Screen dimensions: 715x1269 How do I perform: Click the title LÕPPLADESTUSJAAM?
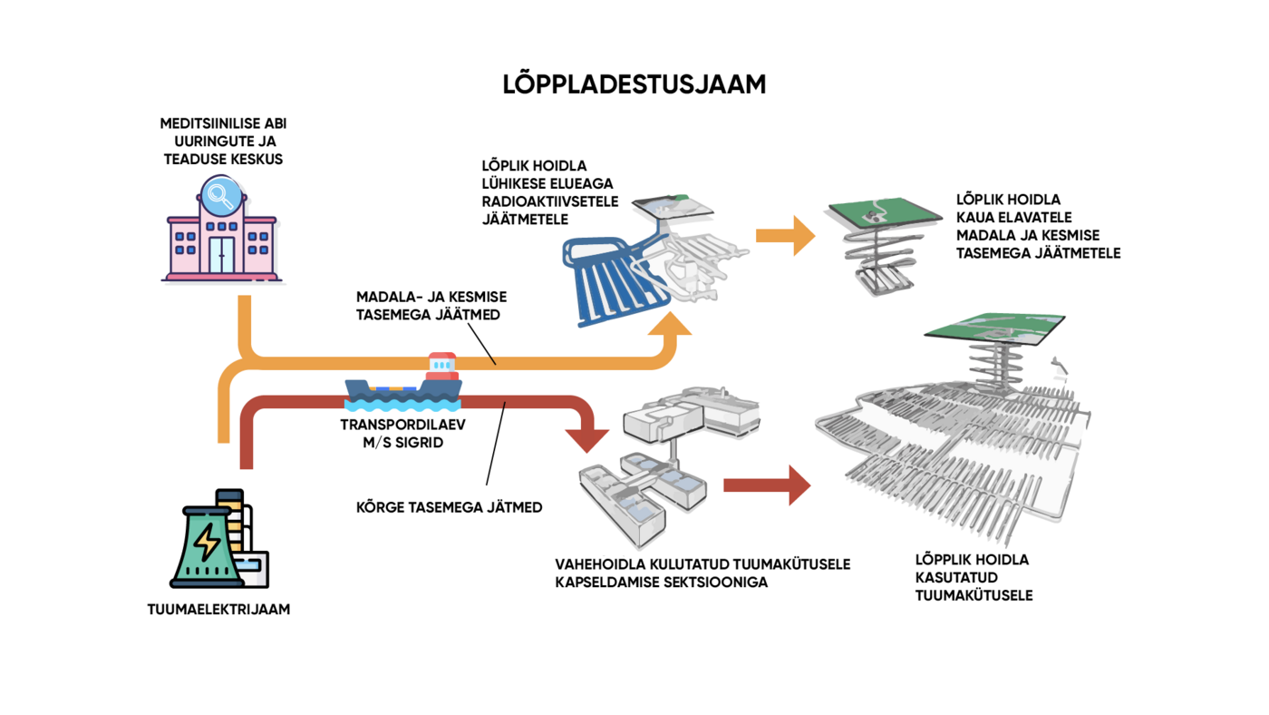(x=634, y=84)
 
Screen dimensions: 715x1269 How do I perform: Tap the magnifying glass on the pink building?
(x=220, y=194)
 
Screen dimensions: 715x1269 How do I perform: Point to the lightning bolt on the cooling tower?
(x=208, y=542)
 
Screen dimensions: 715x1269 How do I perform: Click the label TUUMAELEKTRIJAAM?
(x=218, y=610)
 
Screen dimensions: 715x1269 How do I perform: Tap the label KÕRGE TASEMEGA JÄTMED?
(x=449, y=507)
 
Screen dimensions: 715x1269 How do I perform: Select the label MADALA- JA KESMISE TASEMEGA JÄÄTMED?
(x=431, y=306)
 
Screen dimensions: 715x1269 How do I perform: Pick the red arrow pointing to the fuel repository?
(x=767, y=485)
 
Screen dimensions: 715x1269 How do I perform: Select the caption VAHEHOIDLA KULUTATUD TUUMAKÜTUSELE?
(x=702, y=564)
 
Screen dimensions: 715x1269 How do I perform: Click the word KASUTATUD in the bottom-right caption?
(x=956, y=578)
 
